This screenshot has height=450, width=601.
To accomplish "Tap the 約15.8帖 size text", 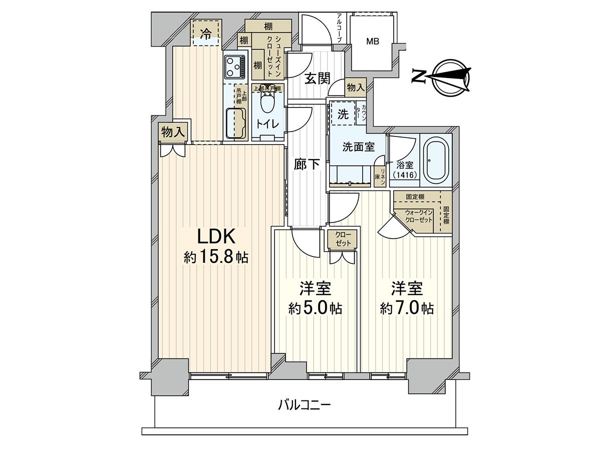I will [x=216, y=257].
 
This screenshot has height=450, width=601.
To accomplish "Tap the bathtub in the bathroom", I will [x=437, y=161].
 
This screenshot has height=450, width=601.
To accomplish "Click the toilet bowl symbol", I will [x=267, y=105].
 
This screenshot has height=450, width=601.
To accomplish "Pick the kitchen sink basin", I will [x=235, y=122].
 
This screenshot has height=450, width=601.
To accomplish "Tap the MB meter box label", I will [x=372, y=42].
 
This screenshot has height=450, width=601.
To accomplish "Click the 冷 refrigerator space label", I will [x=206, y=33].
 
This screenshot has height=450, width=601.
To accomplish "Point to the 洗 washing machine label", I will [x=343, y=113].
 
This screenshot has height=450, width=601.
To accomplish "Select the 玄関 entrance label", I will [x=317, y=78].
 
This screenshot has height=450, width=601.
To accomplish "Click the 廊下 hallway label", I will [x=307, y=164].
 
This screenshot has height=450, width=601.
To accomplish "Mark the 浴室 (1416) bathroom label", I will [x=405, y=169].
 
